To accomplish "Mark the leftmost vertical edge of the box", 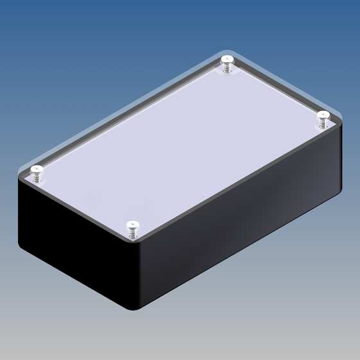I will pyautogui.click(x=19, y=212).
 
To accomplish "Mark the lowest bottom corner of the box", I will pyautogui.click(x=135, y=310).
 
